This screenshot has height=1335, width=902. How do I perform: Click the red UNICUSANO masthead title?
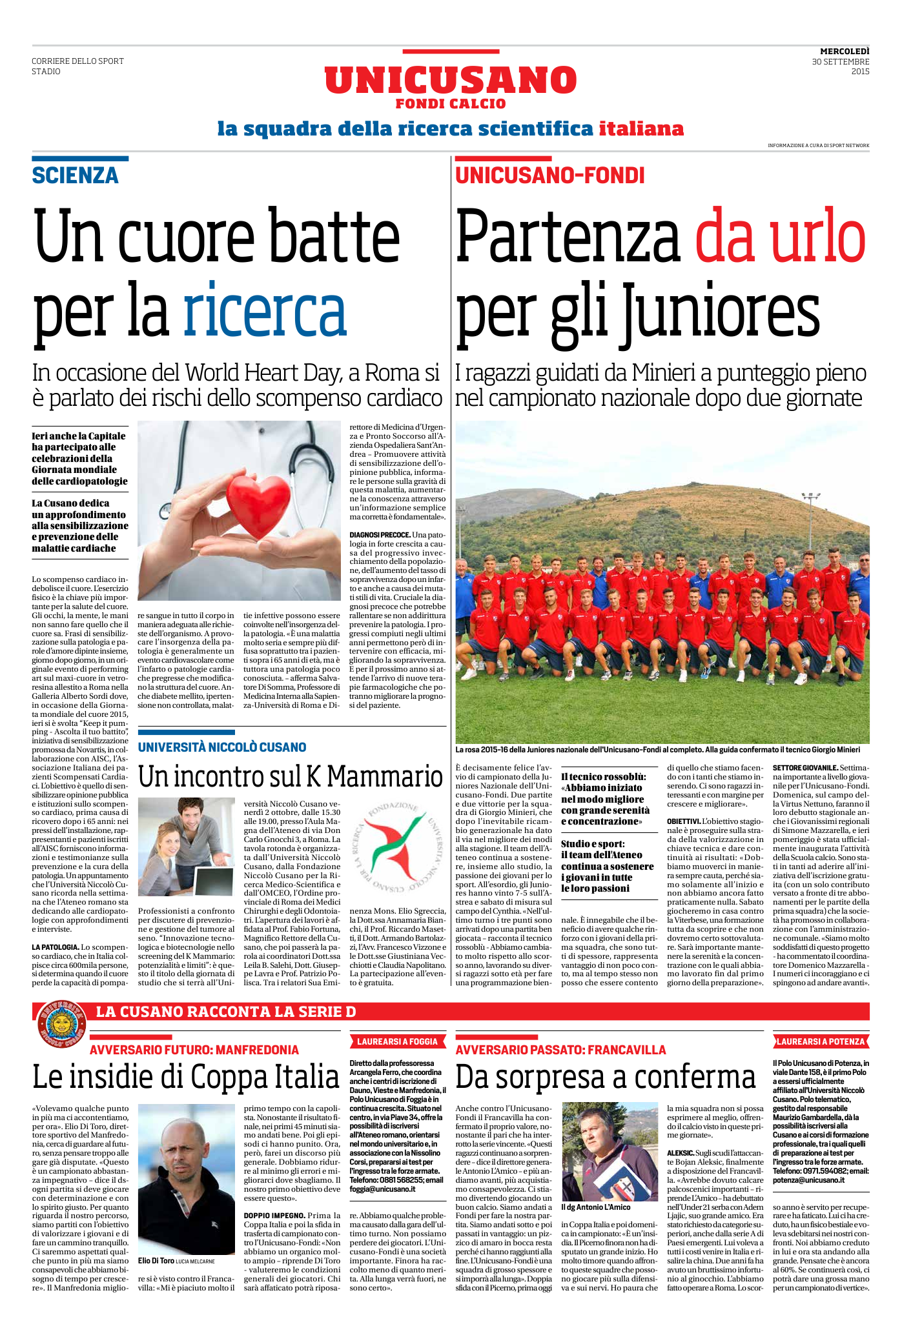tap(450, 81)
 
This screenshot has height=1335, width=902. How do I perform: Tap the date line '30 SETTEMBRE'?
tap(840, 62)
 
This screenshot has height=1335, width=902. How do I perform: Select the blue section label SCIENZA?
tap(76, 176)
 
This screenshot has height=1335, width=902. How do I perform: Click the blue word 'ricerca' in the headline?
tap(265, 311)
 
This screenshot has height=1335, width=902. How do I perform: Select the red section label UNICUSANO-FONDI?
tap(550, 176)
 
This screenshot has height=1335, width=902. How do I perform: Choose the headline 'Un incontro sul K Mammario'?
tap(291, 777)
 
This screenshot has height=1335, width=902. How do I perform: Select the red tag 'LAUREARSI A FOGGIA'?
tap(397, 1041)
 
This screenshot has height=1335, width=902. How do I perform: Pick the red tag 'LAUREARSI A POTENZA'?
tap(820, 1041)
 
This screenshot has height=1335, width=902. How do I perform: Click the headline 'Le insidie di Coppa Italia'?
tap(186, 1077)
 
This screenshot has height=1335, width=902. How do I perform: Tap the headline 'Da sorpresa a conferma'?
tap(605, 1077)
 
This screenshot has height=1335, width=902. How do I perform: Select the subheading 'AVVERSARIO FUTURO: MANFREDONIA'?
tap(194, 1050)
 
